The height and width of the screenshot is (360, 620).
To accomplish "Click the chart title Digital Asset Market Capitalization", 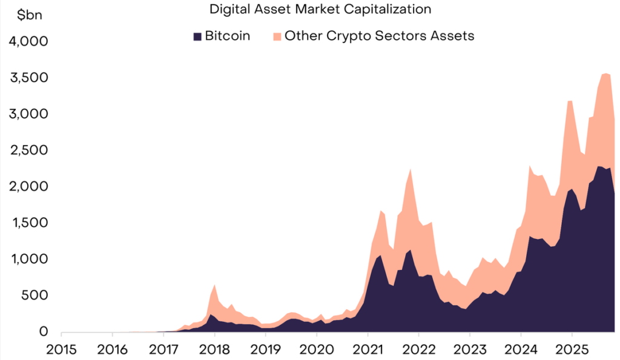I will pos(320,9).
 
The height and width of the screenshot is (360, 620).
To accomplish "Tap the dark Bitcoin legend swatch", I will pos(197,36).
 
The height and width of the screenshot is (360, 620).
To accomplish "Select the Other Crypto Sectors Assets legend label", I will pos(379,36).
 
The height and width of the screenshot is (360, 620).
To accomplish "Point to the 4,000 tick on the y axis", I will pos(30,42).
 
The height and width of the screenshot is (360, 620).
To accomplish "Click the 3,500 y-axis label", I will pos(30,78).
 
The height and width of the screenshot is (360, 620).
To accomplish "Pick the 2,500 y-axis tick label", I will pos(30,151).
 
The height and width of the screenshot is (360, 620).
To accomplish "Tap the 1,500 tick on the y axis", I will pos(30,223).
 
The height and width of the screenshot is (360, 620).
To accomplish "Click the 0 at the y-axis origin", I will pos(44,332).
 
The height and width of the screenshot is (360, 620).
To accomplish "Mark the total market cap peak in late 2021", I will pos(411,169).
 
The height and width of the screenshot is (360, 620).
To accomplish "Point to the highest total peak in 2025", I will pos(605,74).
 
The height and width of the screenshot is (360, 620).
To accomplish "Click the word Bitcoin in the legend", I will pos(227,36).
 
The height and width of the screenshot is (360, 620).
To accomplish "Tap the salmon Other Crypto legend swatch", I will pos(277,36).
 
